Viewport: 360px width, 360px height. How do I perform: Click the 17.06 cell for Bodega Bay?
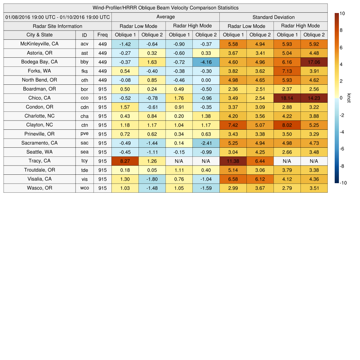pyautogui.click(x=314, y=62)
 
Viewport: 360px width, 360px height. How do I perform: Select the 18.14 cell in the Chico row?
pyautogui.click(x=287, y=98)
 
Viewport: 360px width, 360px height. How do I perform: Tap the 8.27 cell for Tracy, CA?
pyautogui.click(x=125, y=161)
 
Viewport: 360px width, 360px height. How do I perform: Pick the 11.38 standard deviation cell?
pyautogui.click(x=233, y=161)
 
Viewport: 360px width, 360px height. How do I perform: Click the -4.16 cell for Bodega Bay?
pyautogui.click(x=206, y=62)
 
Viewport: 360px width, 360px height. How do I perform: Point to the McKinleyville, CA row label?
pyautogui.click(x=39, y=44)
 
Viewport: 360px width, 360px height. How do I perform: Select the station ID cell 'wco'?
pyautogui.click(x=84, y=188)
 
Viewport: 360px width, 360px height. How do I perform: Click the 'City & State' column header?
pyautogui.click(x=39, y=35)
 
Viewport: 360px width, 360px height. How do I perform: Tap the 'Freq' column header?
pyautogui.click(x=102, y=35)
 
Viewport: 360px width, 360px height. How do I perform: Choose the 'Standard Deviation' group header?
pyautogui.click(x=274, y=17)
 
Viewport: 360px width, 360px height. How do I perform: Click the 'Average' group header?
pyautogui.click(x=165, y=17)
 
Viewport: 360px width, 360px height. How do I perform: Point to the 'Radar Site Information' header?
pyautogui.click(x=57, y=26)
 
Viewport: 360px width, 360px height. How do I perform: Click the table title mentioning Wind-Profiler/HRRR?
pyautogui.click(x=165, y=8)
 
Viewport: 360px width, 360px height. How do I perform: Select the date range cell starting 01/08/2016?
pyautogui.click(x=57, y=17)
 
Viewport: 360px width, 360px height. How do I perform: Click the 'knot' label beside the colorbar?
pyautogui.click(x=349, y=98)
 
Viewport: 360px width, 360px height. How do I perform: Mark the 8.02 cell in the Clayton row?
pyautogui.click(x=287, y=125)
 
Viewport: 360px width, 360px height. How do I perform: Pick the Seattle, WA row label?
pyautogui.click(x=39, y=152)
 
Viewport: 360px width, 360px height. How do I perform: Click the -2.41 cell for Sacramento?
pyautogui.click(x=206, y=143)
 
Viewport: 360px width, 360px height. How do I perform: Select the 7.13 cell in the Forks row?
pyautogui.click(x=287, y=71)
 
